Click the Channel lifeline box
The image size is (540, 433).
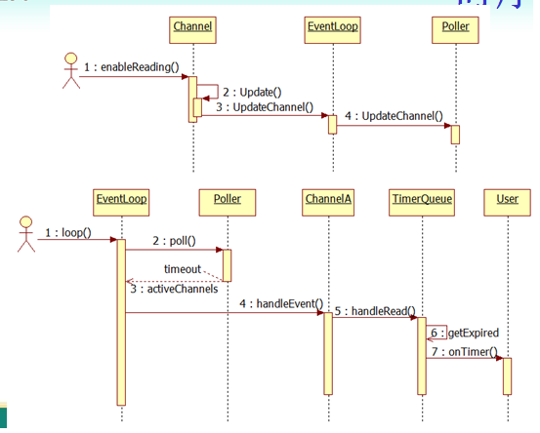193,26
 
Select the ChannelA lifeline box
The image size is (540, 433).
328,199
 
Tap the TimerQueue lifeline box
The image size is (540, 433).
422,199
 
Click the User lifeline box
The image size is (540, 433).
507,199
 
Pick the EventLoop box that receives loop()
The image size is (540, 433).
121,199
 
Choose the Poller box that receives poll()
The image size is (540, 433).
227,199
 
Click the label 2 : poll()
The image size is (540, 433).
174,240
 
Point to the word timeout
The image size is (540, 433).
182,265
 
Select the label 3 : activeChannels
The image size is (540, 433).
173,290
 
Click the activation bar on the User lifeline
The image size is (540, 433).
507,375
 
